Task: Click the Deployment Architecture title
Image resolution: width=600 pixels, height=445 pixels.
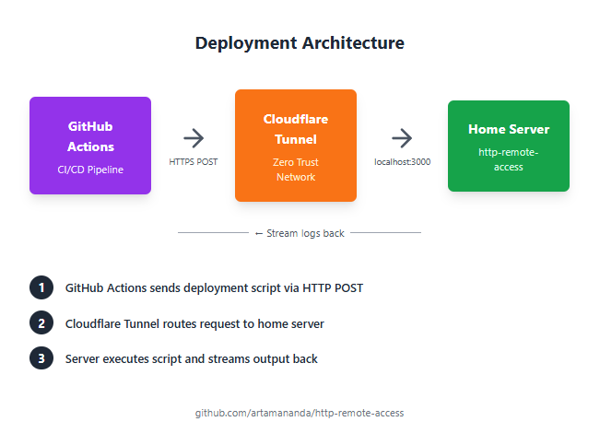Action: coord(300,43)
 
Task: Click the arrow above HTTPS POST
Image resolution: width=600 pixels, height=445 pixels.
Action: coord(194,138)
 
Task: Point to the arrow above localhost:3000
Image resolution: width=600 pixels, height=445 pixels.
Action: coord(402,138)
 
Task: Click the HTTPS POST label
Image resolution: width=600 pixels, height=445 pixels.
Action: coord(194,161)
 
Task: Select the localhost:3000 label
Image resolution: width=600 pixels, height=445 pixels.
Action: coord(402,161)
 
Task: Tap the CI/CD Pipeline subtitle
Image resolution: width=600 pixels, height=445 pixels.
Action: coord(90,170)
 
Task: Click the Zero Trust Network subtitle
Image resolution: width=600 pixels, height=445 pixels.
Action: coord(296,169)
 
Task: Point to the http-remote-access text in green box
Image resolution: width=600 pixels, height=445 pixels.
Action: coord(509,159)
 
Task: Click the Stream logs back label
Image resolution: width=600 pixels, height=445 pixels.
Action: coord(300,233)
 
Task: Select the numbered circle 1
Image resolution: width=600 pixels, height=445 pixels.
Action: coord(41,287)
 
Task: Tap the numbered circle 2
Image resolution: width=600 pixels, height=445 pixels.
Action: coord(41,323)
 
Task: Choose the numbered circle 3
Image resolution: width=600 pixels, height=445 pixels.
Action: coord(41,358)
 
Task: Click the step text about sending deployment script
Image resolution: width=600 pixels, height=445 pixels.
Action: coord(214,287)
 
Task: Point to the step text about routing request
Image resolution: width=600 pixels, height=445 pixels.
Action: coord(194,323)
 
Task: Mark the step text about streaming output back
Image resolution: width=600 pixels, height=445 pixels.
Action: coord(192,358)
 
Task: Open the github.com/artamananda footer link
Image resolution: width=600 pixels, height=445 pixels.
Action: coord(300,413)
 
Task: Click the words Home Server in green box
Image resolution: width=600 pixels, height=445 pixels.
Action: coord(509,129)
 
